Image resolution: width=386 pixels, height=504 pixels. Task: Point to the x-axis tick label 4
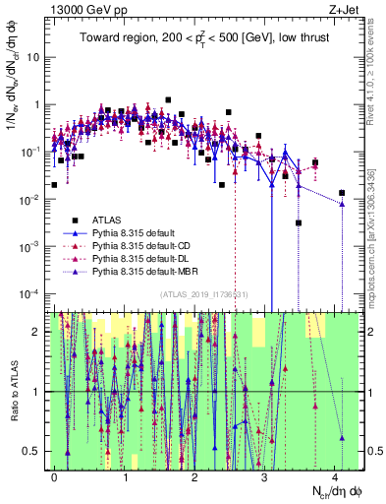click(336, 473)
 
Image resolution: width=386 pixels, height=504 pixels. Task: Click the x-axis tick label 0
click(55, 473)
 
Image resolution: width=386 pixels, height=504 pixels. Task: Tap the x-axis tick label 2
click(195, 473)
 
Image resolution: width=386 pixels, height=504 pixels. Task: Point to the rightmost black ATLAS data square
click(342, 193)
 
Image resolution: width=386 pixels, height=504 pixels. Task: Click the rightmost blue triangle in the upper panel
click(342, 204)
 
